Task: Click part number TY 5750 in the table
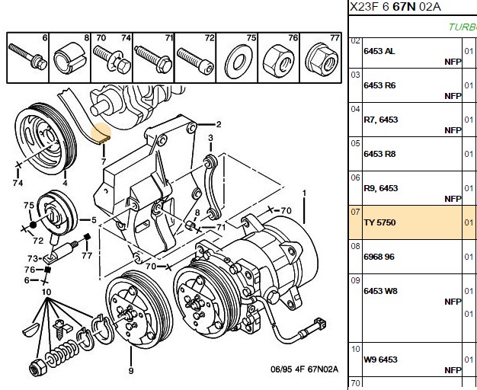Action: click(379, 222)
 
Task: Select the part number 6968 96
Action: click(379, 257)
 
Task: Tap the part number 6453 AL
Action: click(379, 51)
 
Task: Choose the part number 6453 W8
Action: click(380, 291)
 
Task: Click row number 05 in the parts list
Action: click(355, 143)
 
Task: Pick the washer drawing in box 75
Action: click(239, 62)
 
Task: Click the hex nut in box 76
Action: click(279, 61)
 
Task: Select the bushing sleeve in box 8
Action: click(69, 59)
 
